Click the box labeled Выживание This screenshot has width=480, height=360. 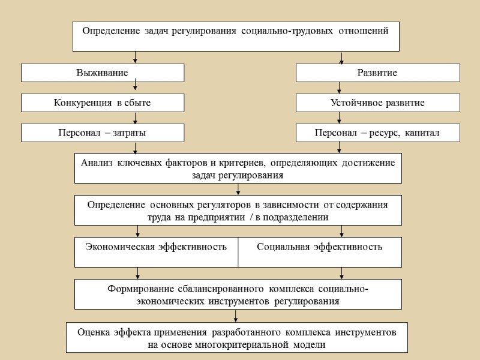point(103,73)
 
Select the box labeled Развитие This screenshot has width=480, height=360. point(377,73)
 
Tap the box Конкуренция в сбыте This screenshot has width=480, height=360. point(103,103)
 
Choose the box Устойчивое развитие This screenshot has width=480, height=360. point(377,103)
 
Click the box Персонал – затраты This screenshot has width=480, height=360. point(103,133)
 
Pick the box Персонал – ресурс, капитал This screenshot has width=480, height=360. point(377,133)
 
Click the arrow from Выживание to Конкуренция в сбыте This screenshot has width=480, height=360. point(136,88)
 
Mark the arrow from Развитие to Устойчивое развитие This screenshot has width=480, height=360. point(341,88)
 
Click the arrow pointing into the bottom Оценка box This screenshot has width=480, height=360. point(235,316)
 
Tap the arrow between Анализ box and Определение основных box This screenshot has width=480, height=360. point(238,189)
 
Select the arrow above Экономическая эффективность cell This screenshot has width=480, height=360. point(138,231)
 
